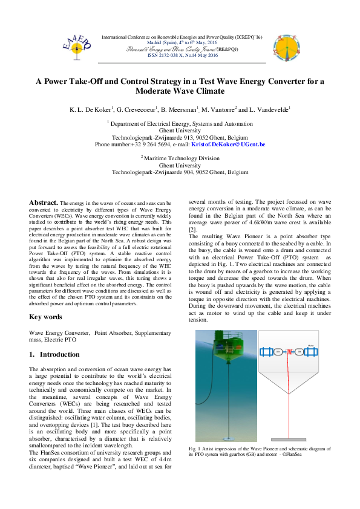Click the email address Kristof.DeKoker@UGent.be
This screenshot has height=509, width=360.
pos(228,145)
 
